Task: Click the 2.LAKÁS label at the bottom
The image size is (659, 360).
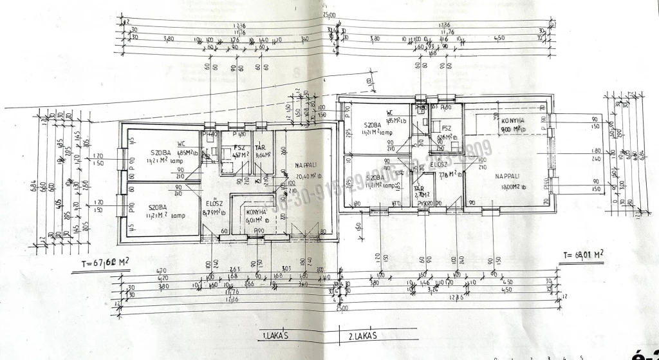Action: pyautogui.click(x=362, y=336)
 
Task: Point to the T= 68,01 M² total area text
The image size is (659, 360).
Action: pyautogui.click(x=584, y=254)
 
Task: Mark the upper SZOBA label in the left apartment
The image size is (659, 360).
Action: pyautogui.click(x=160, y=153)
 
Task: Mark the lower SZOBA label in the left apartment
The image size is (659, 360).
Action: pyautogui.click(x=158, y=207)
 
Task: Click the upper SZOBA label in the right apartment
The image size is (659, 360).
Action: pyautogui.click(x=373, y=125)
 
